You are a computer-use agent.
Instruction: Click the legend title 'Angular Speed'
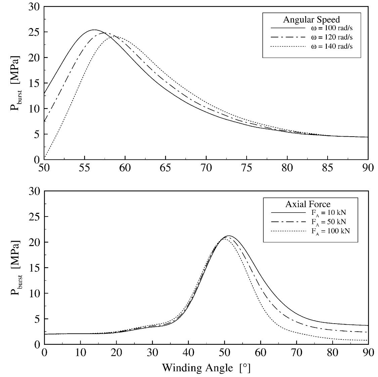311,19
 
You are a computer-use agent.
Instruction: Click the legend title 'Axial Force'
308,204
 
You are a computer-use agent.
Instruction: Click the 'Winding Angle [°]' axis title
206,368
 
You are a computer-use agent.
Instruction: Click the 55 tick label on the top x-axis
85,168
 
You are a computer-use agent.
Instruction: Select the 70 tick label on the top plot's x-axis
206,168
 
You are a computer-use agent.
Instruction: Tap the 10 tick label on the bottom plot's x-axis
80,352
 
